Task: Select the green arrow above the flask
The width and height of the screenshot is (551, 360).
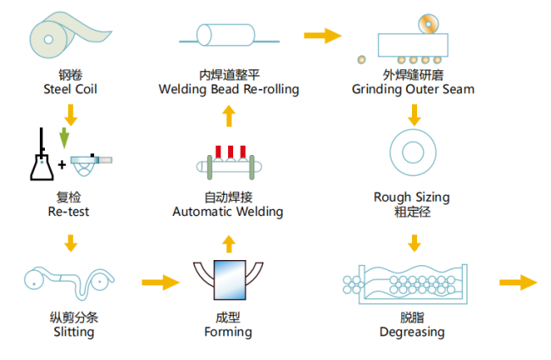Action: [64, 134]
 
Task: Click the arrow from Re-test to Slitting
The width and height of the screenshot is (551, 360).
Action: [70, 243]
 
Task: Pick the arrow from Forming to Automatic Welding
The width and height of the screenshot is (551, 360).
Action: [228, 243]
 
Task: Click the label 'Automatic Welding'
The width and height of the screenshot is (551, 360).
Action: [228, 211]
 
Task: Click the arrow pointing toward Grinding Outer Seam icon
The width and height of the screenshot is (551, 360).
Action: [322, 35]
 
